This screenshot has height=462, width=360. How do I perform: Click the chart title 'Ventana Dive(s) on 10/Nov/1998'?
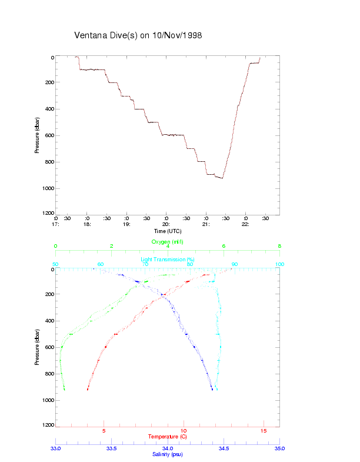138,35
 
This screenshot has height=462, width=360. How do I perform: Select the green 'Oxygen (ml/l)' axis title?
167,242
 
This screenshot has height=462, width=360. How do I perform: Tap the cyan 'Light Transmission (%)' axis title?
168,259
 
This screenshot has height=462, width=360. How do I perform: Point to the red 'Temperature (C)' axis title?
168,437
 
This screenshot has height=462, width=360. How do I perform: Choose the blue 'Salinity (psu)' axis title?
168,454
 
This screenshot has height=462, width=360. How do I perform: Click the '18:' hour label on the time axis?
87,224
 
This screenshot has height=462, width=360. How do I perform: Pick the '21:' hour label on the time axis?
206,224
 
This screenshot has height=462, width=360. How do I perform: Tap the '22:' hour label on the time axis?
246,224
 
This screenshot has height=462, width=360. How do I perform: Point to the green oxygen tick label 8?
279,246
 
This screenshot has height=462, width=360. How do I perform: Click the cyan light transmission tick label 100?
279,264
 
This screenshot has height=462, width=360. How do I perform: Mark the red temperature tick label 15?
264,431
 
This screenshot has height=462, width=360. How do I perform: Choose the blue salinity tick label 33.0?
56,448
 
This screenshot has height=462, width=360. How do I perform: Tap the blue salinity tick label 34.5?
224,448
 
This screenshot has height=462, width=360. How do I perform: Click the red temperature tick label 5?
104,431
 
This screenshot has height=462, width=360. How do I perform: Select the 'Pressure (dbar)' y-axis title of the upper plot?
37,135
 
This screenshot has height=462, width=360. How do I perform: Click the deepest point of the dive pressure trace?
222,178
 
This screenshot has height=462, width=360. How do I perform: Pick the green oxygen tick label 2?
112,246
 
